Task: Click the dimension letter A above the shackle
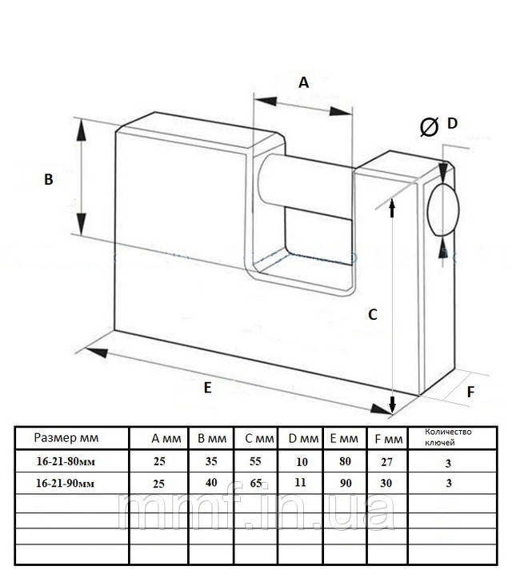click(303, 82)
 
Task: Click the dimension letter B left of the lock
click(49, 181)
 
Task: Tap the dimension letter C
click(372, 314)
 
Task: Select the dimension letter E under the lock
click(208, 388)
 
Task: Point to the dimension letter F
click(470, 392)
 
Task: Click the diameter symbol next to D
click(429, 126)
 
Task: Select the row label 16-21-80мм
click(70, 461)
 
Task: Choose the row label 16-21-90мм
click(70, 483)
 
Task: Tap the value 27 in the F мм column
click(385, 461)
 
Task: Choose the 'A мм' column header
click(166, 438)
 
